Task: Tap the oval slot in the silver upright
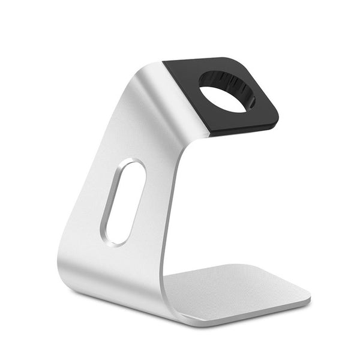124,202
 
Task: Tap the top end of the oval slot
135,165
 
